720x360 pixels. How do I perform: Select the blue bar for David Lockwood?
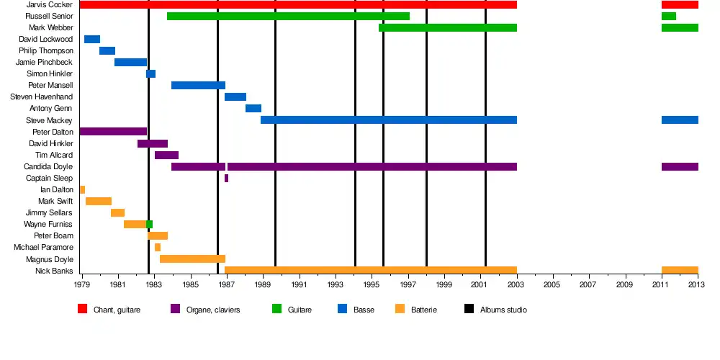pyautogui.click(x=92, y=40)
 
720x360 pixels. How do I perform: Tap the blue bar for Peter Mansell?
pyautogui.click(x=198, y=86)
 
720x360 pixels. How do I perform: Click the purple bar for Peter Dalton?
pyautogui.click(x=113, y=132)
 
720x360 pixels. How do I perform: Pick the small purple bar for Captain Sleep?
pyautogui.click(x=226, y=178)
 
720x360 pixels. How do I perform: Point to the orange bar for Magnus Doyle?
pyautogui.click(x=192, y=259)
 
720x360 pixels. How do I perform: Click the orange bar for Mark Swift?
pyautogui.click(x=99, y=201)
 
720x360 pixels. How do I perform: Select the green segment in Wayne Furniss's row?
pyautogui.click(x=149, y=225)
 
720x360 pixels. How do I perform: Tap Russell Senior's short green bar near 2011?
pyautogui.click(x=669, y=17)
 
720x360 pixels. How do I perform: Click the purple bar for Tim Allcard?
pyautogui.click(x=166, y=155)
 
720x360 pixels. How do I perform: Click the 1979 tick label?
pyautogui.click(x=82, y=285)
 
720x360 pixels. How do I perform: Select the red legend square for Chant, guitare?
pyautogui.click(x=82, y=310)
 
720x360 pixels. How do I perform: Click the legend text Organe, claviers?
pyautogui.click(x=212, y=310)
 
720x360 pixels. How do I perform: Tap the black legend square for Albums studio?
pyautogui.click(x=469, y=310)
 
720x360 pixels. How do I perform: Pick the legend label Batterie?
pyautogui.click(x=424, y=310)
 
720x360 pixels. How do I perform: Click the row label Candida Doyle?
pyautogui.click(x=48, y=167)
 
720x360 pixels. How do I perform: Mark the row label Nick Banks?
pyautogui.click(x=54, y=271)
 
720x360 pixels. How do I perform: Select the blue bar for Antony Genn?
pyautogui.click(x=253, y=109)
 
